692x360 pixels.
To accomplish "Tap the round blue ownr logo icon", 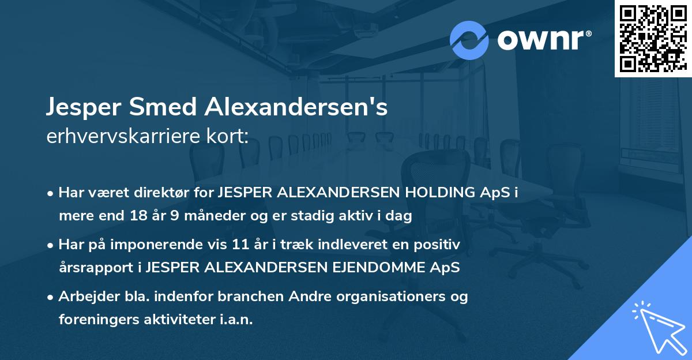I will point(469,40).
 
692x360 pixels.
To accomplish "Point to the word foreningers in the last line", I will point(93,320).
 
